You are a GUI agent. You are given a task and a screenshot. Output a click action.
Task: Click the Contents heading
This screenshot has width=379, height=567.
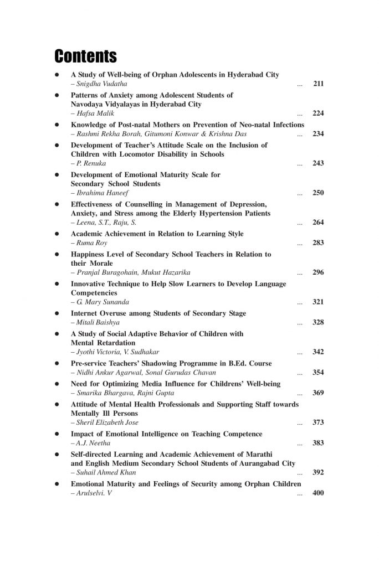tap(85, 56)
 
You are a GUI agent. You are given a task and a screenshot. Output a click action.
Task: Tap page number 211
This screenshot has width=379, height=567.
tap(318, 84)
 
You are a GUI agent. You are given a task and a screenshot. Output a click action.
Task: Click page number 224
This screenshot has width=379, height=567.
tap(318, 114)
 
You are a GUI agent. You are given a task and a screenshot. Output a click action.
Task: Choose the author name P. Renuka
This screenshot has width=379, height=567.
tap(89, 163)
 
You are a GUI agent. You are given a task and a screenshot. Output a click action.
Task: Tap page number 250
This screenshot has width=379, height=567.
tap(318, 193)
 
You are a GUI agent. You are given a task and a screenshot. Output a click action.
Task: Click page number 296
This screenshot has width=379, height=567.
tap(318, 272)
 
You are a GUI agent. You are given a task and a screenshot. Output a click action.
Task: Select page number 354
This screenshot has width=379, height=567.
tap(318, 373)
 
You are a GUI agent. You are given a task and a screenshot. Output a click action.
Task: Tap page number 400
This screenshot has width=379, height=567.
tap(318, 493)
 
